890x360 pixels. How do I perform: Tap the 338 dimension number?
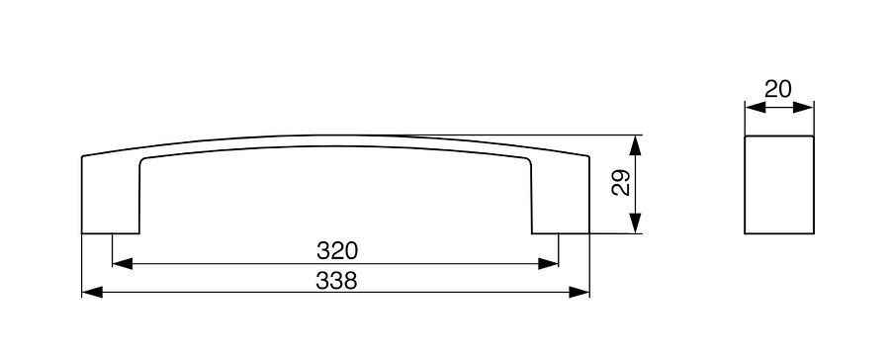336,281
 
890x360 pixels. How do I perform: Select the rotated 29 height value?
621,183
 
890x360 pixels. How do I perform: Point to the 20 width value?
777,89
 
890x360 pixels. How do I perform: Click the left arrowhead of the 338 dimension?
92,293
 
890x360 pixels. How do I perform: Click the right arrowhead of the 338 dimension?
578,293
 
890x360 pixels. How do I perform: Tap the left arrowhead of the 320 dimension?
123,263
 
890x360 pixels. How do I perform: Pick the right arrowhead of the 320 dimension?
548,263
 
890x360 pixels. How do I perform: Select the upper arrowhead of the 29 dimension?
635,145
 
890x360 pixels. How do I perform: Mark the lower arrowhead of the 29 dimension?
635,224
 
